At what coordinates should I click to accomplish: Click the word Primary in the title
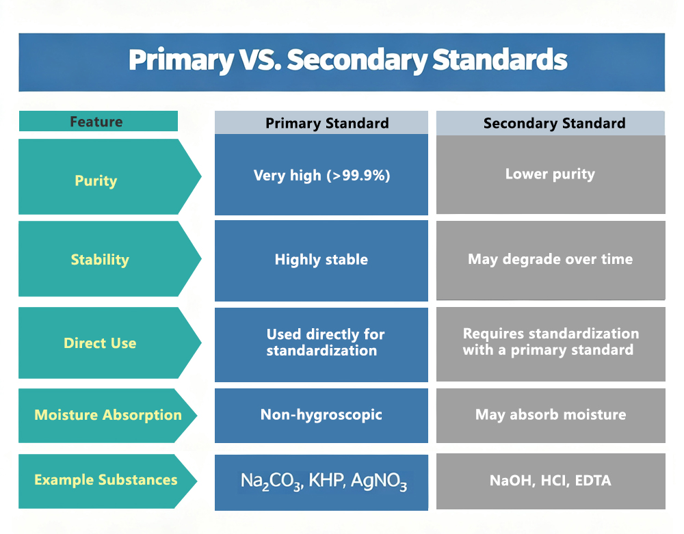[x=181, y=60]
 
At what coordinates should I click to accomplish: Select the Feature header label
[x=96, y=121]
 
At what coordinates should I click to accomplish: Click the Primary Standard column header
[x=327, y=123]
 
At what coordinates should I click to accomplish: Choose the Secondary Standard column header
[x=555, y=123]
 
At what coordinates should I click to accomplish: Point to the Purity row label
[x=96, y=181]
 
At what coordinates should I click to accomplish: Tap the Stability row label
[x=100, y=259]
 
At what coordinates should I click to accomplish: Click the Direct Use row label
[x=100, y=343]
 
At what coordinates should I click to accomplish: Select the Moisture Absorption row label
[x=108, y=415]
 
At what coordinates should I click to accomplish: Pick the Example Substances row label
[x=106, y=480]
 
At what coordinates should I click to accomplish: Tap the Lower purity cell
[x=550, y=174]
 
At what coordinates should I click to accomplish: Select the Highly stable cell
[x=321, y=260]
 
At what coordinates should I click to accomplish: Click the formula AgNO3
[x=379, y=481]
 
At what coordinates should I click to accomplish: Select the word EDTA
[x=593, y=481]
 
